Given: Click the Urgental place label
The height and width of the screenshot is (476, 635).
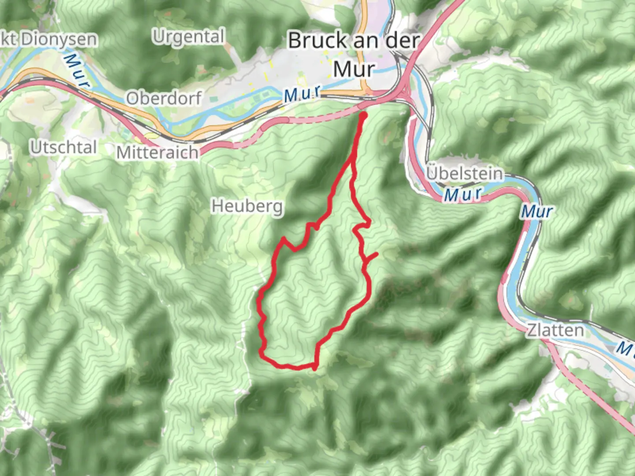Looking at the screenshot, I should click(x=189, y=37).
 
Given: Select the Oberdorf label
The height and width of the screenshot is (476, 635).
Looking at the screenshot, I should click(x=164, y=98).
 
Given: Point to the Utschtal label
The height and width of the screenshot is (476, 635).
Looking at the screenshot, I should click(x=63, y=147).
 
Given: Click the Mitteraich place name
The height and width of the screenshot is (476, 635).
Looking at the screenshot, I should click(x=157, y=152).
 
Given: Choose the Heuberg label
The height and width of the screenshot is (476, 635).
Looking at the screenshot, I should click(x=247, y=206).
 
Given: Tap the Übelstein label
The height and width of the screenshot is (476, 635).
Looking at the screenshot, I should click(x=464, y=173).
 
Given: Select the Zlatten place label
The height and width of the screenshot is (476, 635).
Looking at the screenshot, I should click(x=555, y=330).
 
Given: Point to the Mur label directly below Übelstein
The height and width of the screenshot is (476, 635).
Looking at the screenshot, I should click(x=463, y=194).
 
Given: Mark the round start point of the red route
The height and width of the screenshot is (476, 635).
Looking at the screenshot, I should click(x=364, y=116).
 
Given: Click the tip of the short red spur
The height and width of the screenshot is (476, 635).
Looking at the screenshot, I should click(x=377, y=253).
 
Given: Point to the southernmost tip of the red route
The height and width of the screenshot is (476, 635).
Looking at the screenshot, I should click(x=314, y=368).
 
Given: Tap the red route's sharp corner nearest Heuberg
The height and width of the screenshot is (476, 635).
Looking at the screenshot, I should click(x=284, y=238).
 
